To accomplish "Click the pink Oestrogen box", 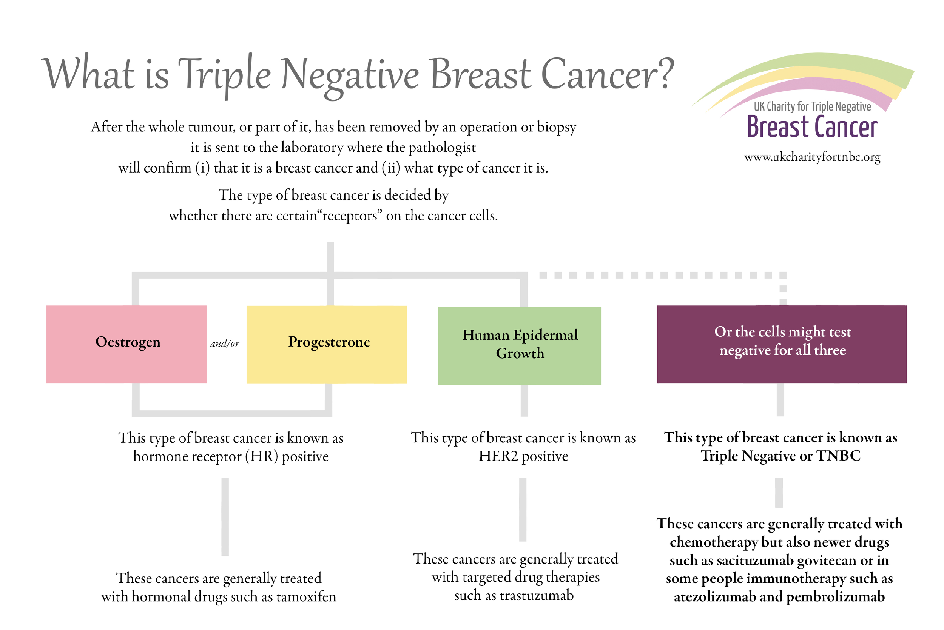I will click(126, 344).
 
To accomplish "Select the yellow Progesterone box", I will click(326, 344).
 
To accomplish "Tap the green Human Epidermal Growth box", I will click(519, 345).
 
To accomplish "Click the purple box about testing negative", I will click(781, 344).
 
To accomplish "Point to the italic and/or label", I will click(225, 343).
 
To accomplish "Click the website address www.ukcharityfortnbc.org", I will click(812, 157).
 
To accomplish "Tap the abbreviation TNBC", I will click(838, 456).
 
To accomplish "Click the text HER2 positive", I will click(523, 456).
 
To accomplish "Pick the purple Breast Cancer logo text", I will click(811, 127).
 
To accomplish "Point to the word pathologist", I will click(442, 148).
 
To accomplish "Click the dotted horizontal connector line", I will click(659, 275).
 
